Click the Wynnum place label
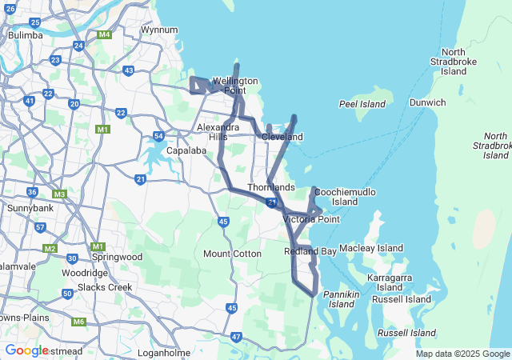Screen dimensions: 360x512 tap(159, 30)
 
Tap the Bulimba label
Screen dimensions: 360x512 tap(25, 35)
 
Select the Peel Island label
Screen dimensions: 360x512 tap(362, 104)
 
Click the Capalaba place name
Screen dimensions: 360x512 tap(187, 150)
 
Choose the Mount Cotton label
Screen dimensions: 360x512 tap(232, 254)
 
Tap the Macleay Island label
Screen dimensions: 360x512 tap(371, 249)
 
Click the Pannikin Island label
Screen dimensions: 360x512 tap(342, 299)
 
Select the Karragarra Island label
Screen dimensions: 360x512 tap(390, 282)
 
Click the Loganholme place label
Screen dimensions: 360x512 tap(164, 353)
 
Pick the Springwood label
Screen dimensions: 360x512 tap(116, 258)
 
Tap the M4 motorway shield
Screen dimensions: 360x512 tap(104, 35)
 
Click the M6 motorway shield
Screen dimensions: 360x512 tap(78, 322)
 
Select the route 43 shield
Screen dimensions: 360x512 tap(129, 71)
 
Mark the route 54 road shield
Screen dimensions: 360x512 tap(159, 136)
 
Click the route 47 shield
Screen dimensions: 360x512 tap(236, 338)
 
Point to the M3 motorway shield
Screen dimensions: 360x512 tap(59, 194)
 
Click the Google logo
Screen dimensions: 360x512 tap(26, 350)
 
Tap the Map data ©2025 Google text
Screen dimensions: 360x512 tap(462, 354)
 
